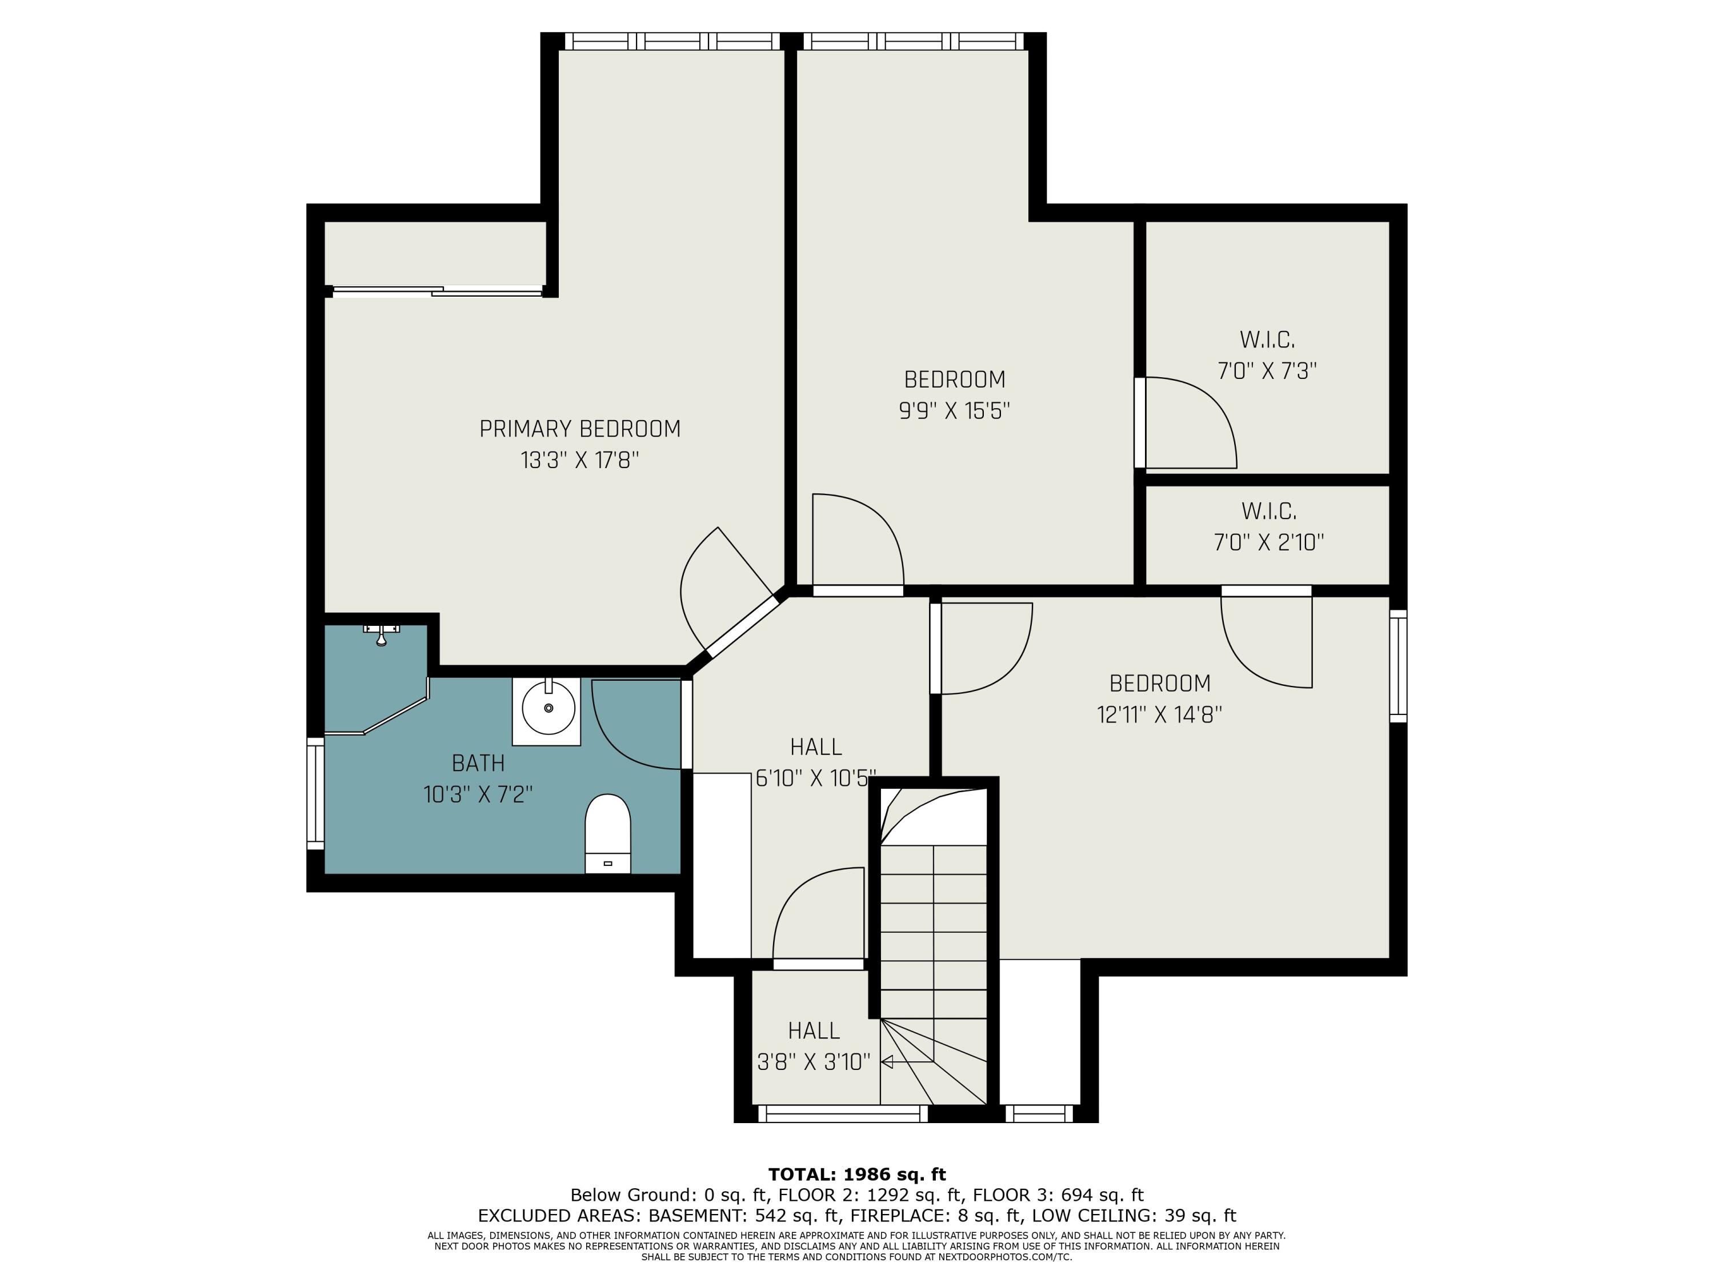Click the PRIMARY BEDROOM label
click(579, 429)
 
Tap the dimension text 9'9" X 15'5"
click(954, 411)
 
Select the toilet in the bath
click(607, 833)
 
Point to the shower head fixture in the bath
click(381, 634)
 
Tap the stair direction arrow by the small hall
click(888, 1062)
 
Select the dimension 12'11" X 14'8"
click(1159, 714)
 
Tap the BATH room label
click(478, 764)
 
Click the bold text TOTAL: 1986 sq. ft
click(856, 1175)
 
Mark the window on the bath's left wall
click(315, 792)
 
